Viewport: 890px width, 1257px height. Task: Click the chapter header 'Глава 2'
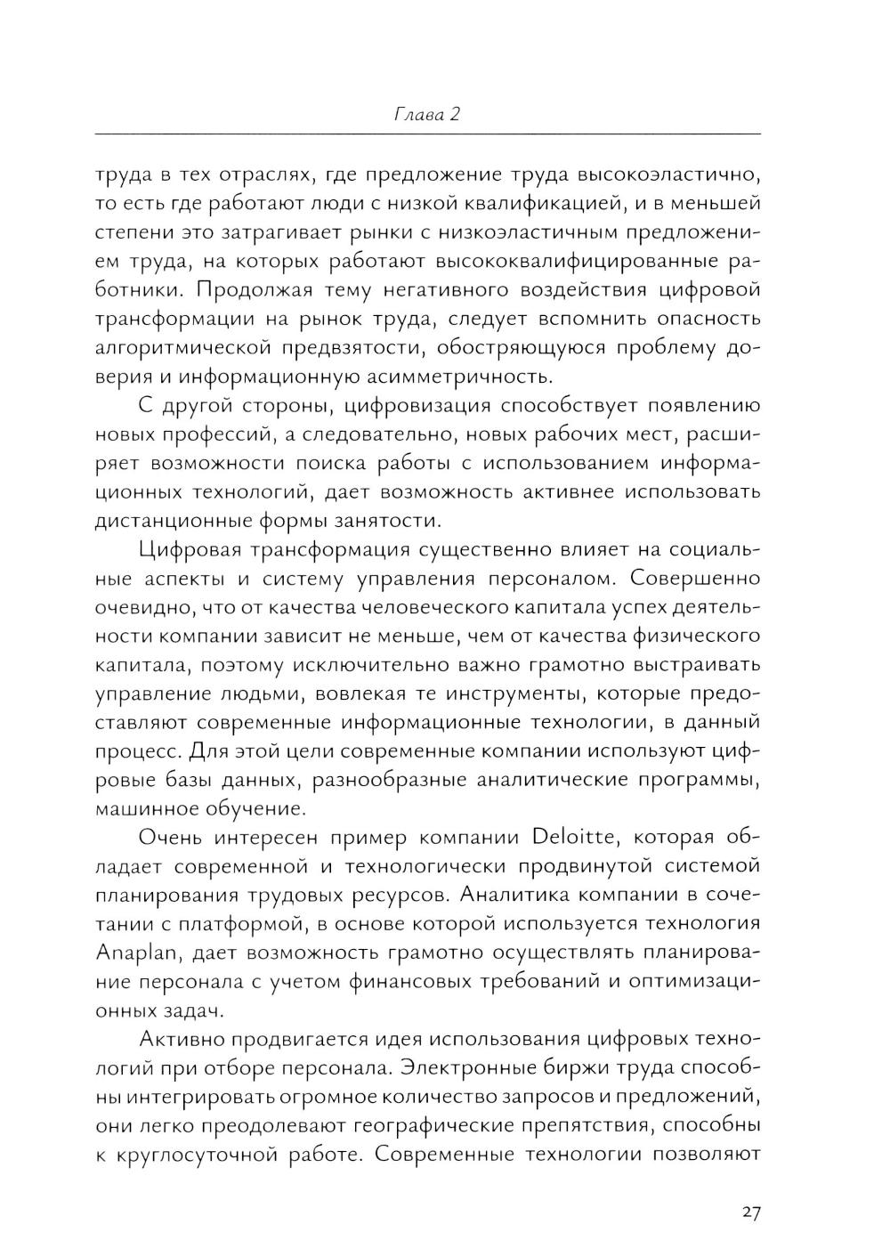[x=426, y=115]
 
